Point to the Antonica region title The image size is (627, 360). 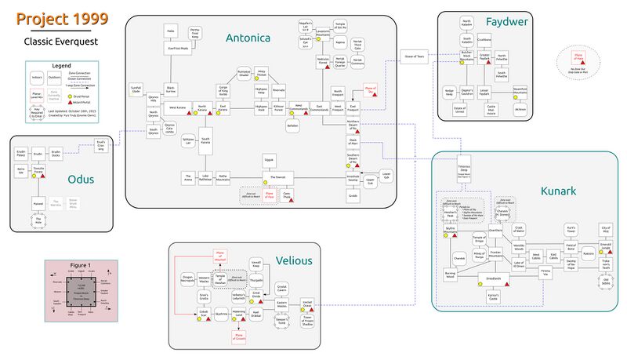pos(248,38)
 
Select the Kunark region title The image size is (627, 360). pos(558,191)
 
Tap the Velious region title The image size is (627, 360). pos(294,260)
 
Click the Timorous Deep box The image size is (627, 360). pos(469,171)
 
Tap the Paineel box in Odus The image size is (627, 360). pos(38,202)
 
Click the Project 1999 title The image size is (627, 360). pos(62,19)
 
